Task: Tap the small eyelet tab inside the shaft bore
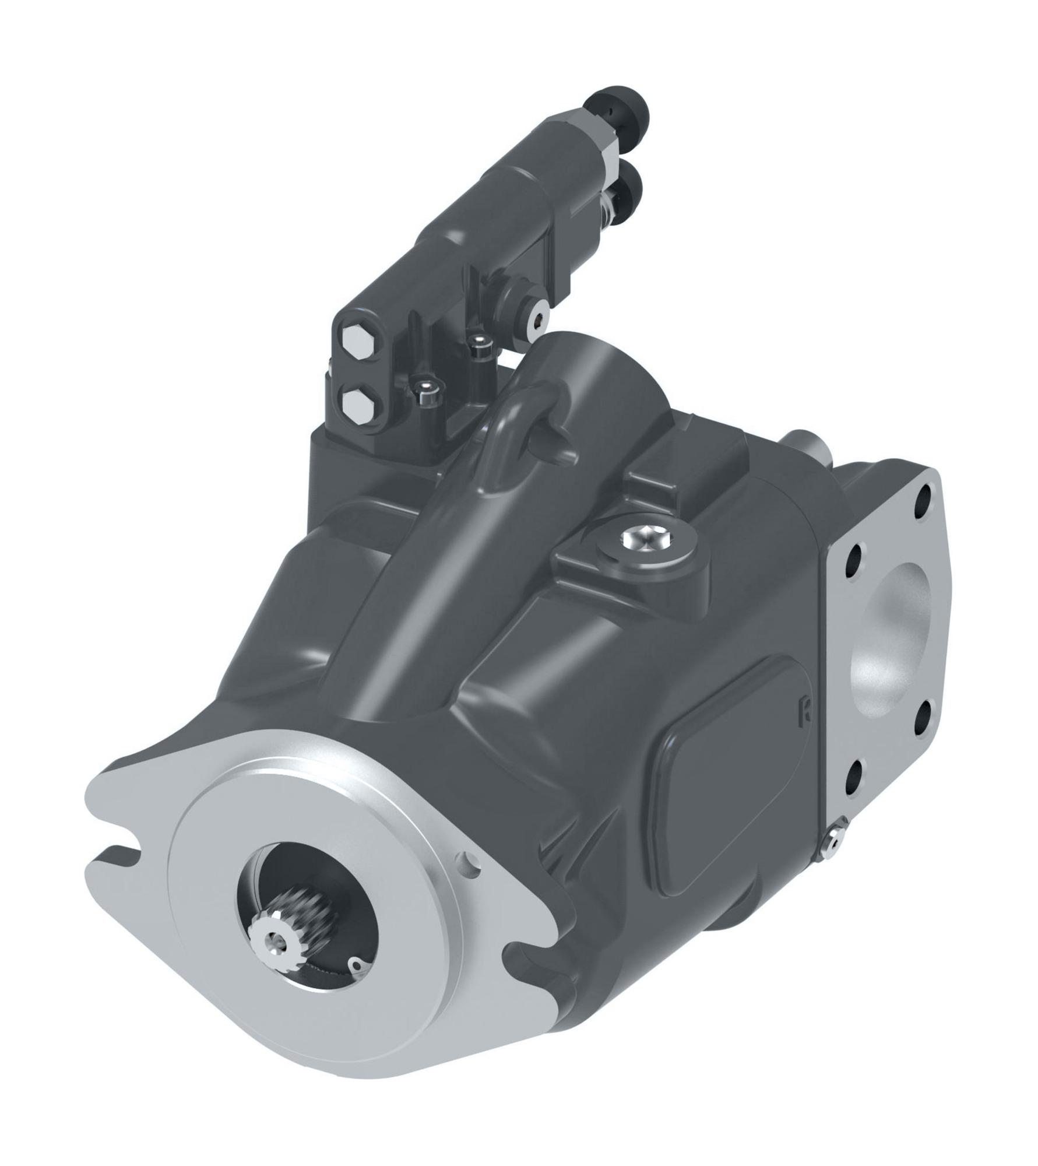tap(354, 964)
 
